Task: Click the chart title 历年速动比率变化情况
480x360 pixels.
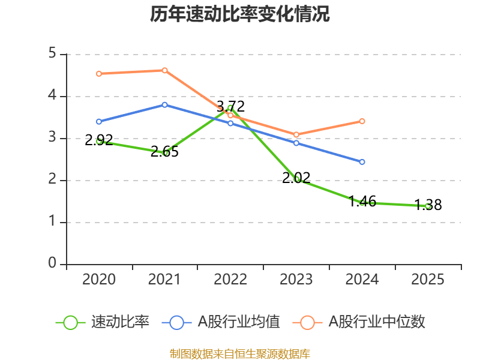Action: [240, 14]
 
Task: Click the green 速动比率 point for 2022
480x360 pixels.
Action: [230, 107]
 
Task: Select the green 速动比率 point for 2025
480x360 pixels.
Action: [428, 206]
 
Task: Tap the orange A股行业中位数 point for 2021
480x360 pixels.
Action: [164, 70]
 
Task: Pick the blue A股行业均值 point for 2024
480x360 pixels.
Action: [362, 162]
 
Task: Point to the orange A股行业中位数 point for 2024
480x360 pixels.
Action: [362, 121]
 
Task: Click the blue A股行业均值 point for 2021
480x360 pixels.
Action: [164, 104]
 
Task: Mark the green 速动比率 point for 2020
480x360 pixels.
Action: [99, 141]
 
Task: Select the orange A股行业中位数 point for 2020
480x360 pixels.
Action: [99, 74]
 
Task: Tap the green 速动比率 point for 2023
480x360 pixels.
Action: [296, 179]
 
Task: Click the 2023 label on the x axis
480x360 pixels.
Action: [296, 280]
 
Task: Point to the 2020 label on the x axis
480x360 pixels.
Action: [99, 280]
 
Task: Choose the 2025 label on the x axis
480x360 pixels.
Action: [428, 280]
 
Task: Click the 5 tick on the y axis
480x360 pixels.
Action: [52, 54]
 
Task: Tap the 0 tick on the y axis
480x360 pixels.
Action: [52, 264]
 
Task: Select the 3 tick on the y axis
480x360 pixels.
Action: [52, 138]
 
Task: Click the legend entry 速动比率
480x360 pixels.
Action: [103, 322]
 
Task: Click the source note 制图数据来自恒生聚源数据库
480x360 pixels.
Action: [240, 353]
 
